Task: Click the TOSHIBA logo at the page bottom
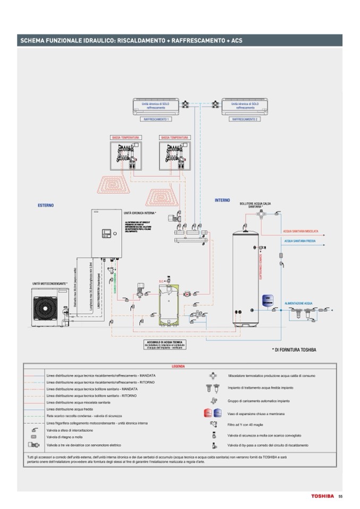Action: click(322, 496)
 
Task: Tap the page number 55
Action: click(340, 496)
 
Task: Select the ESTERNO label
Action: click(46, 205)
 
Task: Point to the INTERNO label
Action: click(222, 200)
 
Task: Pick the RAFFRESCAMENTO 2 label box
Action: click(245, 119)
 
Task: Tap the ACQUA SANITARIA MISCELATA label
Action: click(301, 231)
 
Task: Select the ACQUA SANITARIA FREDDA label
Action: click(300, 240)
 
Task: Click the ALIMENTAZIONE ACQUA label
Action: click(298, 303)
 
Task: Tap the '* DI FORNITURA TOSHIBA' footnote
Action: click(294, 350)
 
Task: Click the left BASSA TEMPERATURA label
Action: click(125, 137)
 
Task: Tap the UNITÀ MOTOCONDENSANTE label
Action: click(49, 284)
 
